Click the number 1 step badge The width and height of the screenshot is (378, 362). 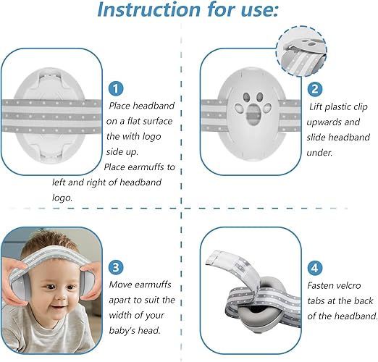pos(116,88)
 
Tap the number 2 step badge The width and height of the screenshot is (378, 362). pos(315,89)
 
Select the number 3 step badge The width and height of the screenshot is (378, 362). pos(116,267)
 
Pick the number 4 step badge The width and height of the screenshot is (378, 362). pos(315,268)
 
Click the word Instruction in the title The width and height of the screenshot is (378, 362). pos(149,9)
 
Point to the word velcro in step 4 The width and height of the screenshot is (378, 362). pos(348,286)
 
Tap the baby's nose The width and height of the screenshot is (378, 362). pos(59,295)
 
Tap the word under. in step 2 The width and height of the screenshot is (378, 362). pos(319,153)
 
